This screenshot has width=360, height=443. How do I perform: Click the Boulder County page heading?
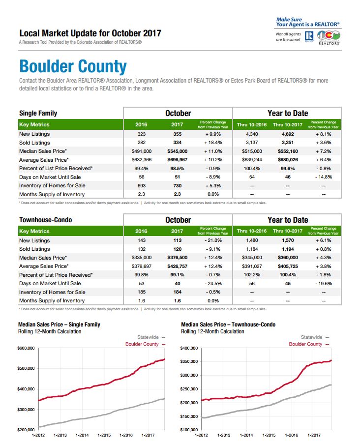[x=73, y=67]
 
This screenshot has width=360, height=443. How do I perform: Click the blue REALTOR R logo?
[x=309, y=36]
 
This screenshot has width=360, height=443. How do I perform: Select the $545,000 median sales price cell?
[x=177, y=151]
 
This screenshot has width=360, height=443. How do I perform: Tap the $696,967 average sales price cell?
[x=177, y=160]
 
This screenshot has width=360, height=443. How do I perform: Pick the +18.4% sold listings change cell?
[x=213, y=143]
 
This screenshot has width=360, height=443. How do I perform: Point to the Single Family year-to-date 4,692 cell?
[x=288, y=134]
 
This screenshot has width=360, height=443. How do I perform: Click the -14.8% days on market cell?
[x=324, y=177]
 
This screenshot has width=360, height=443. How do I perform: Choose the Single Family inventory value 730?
[x=177, y=186]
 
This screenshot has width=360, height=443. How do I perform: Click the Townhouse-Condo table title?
[x=46, y=220]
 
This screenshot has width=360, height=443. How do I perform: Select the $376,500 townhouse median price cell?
[x=177, y=258]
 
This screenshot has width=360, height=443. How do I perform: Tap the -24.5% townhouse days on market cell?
[x=213, y=283]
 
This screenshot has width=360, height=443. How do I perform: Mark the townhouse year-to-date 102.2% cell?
[x=252, y=275]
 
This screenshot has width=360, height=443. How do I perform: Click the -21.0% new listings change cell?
[x=213, y=240]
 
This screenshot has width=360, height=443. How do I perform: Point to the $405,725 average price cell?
[x=288, y=266]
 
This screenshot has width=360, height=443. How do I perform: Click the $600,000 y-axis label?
[x=26, y=348]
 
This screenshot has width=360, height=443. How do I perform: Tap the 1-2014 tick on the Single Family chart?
[x=82, y=435]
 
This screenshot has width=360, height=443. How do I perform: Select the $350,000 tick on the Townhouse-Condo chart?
[x=189, y=361]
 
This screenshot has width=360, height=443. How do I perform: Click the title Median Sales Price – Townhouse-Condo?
[x=228, y=325]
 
